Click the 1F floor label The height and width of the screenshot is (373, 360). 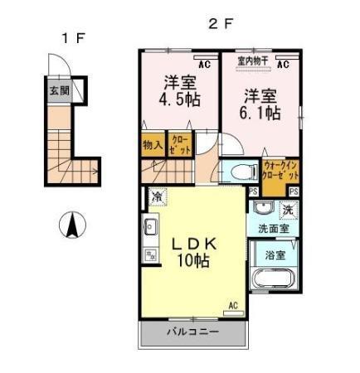click(71, 37)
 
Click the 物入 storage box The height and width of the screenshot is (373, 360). click(153, 144)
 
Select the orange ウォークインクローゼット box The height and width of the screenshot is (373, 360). click(278, 173)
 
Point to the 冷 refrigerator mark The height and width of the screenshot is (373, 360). click(158, 197)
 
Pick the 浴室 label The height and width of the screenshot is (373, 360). click(272, 256)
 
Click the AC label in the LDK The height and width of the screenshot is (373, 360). click(233, 306)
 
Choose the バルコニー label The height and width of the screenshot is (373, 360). click(192, 332)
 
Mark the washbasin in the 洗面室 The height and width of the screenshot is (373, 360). click(263, 207)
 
